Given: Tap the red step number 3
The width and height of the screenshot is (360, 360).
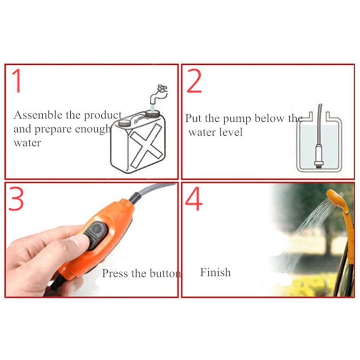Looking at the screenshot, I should coord(16,199).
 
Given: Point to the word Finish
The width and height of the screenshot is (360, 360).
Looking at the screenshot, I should coord(215,273).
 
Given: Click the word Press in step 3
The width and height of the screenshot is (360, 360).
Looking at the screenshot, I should coord(114,274).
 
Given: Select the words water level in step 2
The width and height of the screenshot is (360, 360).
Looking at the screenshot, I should coord(216,132).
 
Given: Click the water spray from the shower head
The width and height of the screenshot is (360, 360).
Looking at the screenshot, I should coord(307,226).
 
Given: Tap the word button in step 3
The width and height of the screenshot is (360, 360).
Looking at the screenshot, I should coord(164,274).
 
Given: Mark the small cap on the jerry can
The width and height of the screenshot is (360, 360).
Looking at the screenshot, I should coord(124,122).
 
